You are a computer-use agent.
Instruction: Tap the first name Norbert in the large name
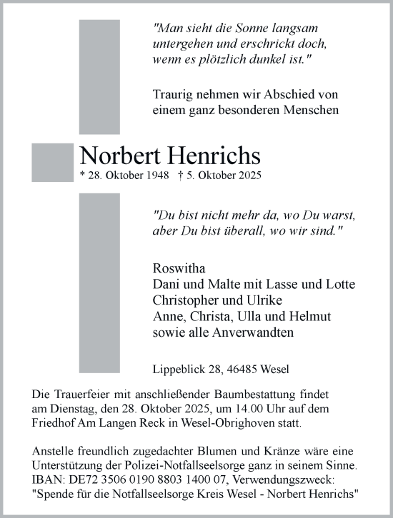point(121,156)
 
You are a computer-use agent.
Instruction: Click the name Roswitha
point(178,269)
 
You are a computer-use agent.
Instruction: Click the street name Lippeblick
point(176,370)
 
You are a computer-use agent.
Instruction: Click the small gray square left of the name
point(52,163)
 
